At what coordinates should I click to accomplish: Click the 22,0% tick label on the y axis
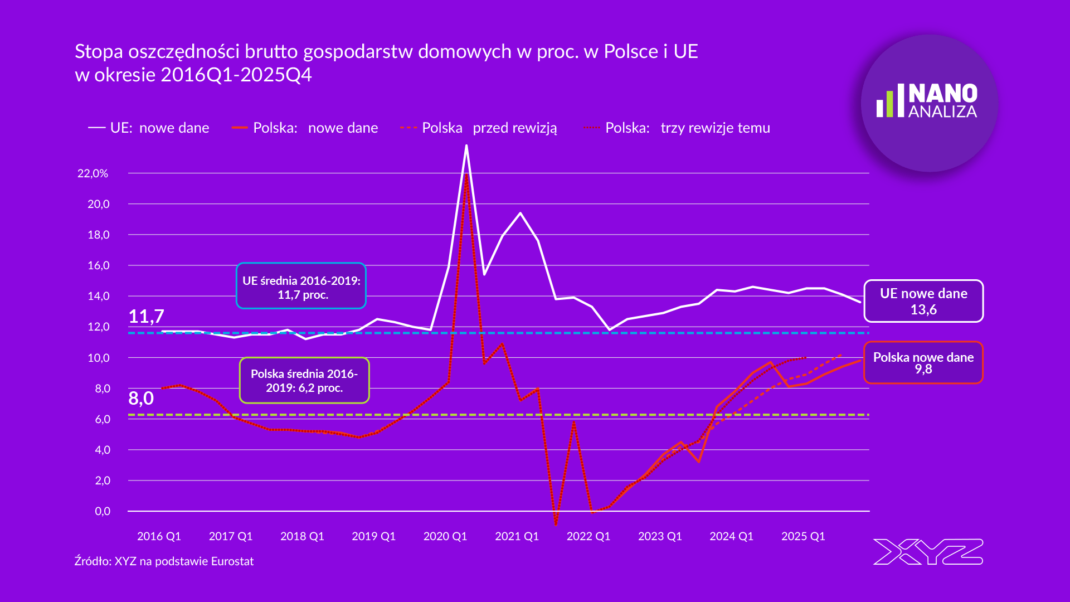coord(93,173)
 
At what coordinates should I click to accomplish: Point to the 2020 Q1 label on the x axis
coord(445,536)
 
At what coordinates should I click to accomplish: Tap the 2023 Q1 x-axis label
coord(660,536)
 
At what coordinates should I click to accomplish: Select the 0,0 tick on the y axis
coord(103,511)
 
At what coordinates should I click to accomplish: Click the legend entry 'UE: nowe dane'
coord(149,128)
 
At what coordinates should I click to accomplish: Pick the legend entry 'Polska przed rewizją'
coord(479,128)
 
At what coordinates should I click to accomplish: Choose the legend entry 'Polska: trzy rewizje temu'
coord(677,128)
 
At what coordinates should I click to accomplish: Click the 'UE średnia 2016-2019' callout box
coord(301,286)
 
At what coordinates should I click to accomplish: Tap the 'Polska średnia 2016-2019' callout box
coord(304,380)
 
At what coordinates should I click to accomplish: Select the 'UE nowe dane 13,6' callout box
coord(923,301)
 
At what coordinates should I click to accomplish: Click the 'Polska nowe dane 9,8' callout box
coord(923,363)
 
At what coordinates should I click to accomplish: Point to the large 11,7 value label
coord(146,316)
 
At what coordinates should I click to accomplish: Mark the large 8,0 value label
coord(141,398)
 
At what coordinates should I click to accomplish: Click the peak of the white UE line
coord(466,146)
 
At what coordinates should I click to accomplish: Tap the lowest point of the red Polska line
coord(556,524)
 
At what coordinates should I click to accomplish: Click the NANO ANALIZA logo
coord(929,103)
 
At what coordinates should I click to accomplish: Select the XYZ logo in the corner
coord(928,552)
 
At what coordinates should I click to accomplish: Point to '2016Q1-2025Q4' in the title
coord(236,75)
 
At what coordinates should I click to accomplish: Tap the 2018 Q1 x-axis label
coord(302,536)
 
